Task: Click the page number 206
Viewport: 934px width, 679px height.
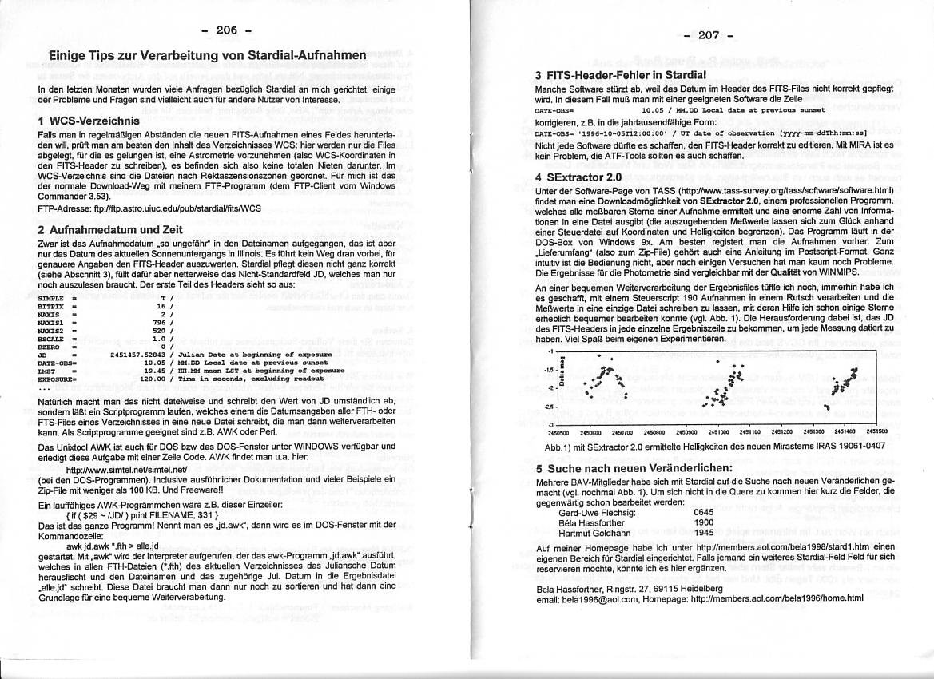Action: click(x=227, y=30)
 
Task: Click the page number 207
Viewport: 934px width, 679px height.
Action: click(x=709, y=36)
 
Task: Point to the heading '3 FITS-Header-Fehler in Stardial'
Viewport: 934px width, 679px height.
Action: click(x=620, y=75)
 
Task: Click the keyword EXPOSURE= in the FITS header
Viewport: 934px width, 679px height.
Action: click(x=56, y=379)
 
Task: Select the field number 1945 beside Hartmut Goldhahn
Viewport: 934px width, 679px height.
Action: click(x=704, y=532)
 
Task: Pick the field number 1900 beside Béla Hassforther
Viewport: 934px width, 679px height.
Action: click(x=704, y=522)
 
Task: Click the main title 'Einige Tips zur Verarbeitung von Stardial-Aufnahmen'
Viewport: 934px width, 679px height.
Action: click(x=207, y=58)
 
